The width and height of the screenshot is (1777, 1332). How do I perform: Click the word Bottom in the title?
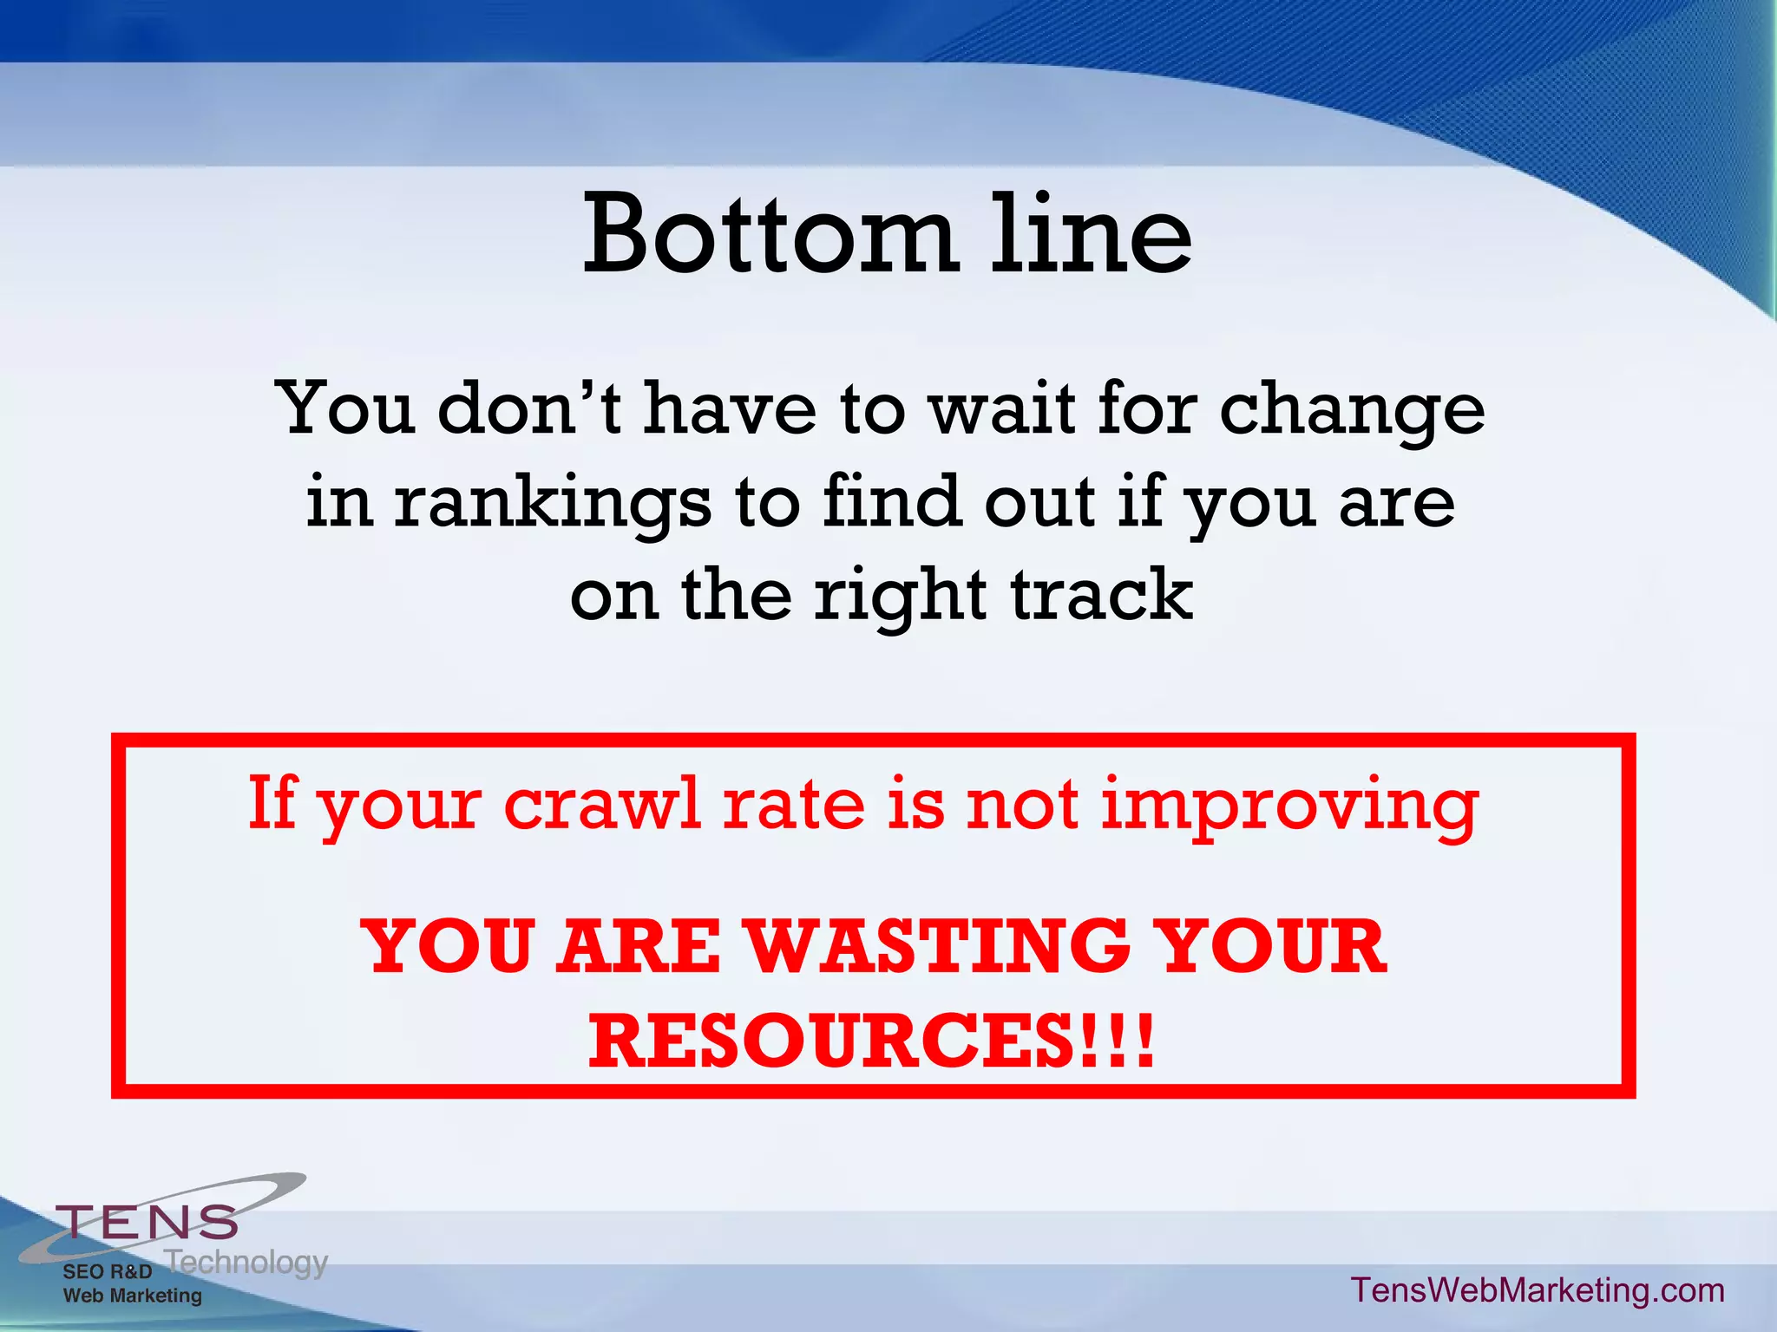tap(769, 234)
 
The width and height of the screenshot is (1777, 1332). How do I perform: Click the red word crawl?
tap(602, 805)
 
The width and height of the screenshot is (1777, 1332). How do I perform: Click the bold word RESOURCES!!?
tap(872, 1041)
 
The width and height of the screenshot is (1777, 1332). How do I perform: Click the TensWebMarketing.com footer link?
tap(1538, 1290)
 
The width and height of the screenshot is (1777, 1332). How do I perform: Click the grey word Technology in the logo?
tap(246, 1262)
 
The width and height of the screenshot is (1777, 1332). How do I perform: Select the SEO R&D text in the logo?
tap(107, 1272)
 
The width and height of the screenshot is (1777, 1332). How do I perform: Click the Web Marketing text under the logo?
tap(132, 1296)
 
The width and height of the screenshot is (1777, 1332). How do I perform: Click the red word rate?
tap(794, 805)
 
